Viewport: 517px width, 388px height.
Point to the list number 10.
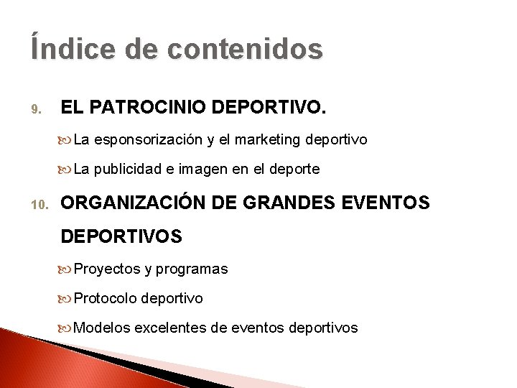click(x=37, y=205)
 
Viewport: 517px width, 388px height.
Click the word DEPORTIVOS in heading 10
click(x=121, y=236)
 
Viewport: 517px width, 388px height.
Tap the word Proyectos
click(x=107, y=269)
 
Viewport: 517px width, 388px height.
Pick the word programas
click(x=192, y=269)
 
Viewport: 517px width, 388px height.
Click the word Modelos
click(x=102, y=328)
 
